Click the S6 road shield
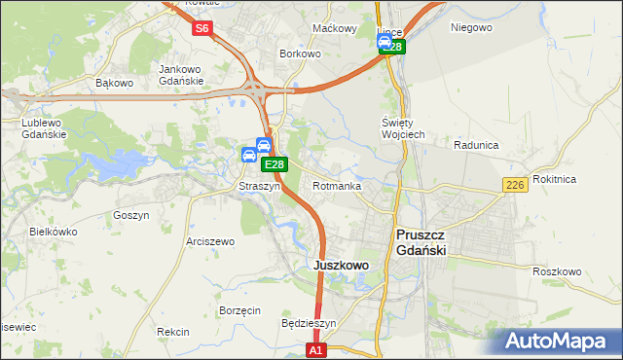pyautogui.click(x=202, y=28)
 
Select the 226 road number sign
pyautogui.click(x=516, y=185)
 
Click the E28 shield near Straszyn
pyautogui.click(x=275, y=166)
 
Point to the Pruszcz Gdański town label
pyautogui.click(x=433, y=242)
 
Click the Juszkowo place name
pyautogui.click(x=341, y=265)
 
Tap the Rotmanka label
pyautogui.click(x=337, y=186)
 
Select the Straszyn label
pyautogui.click(x=260, y=186)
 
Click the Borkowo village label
pyautogui.click(x=300, y=54)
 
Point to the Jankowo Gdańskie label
pyautogui.click(x=180, y=74)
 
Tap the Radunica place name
pyautogui.click(x=476, y=145)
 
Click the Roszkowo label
pyautogui.click(x=557, y=271)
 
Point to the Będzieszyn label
pyautogui.click(x=308, y=323)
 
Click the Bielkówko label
pyautogui.click(x=54, y=233)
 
